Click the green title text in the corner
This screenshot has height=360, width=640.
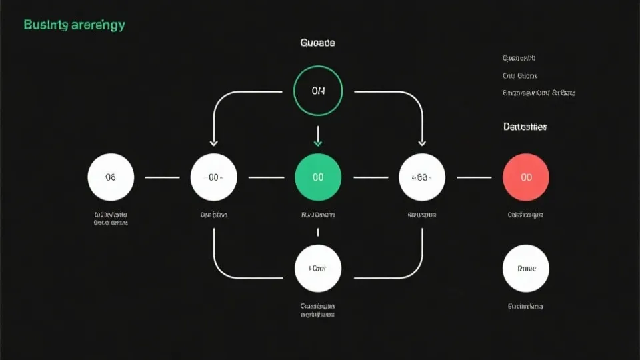[74, 25]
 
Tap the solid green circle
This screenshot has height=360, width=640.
[318, 177]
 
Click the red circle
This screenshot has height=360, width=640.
[526, 177]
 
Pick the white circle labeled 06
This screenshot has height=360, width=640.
[111, 177]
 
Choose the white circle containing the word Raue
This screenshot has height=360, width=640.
[526, 269]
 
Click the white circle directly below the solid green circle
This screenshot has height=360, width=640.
[318, 268]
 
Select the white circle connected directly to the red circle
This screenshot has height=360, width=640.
[422, 177]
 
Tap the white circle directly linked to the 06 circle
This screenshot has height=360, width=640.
[214, 177]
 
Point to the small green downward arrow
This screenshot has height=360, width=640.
[318, 141]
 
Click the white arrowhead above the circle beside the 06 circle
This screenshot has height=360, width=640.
[214, 141]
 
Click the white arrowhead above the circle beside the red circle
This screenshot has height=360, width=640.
[422, 141]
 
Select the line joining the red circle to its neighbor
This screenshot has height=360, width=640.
[474, 177]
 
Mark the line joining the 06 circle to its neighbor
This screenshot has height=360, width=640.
[162, 177]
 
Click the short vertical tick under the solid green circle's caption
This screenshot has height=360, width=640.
[318, 232]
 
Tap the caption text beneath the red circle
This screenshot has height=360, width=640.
[526, 215]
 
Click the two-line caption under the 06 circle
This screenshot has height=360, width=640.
[111, 219]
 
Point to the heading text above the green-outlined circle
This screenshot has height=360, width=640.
[318, 43]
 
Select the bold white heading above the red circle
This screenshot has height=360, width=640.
[525, 127]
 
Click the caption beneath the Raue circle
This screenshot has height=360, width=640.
[526, 307]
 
